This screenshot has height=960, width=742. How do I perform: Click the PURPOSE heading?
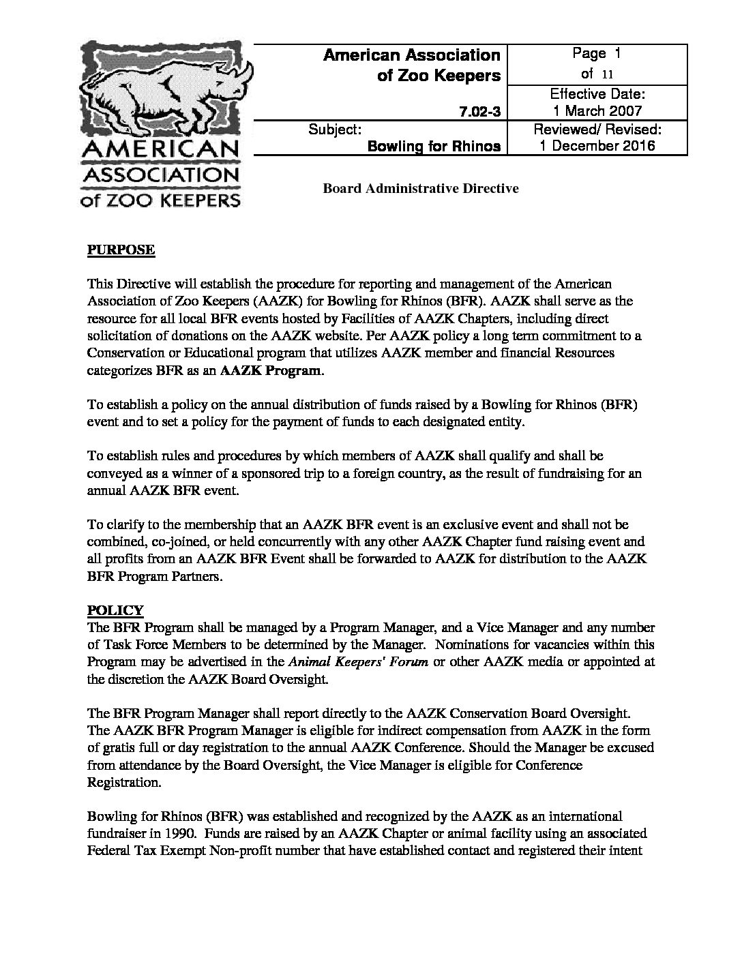point(121,250)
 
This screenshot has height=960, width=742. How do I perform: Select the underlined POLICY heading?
point(115,610)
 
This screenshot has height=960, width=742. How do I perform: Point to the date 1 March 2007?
point(597,111)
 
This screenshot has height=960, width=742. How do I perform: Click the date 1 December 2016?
point(597,146)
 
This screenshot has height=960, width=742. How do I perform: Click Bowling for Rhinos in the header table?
point(434,146)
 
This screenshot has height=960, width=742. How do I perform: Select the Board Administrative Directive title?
point(420,188)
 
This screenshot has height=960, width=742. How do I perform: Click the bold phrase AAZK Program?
point(280,370)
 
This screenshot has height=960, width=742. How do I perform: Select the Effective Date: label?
point(597,94)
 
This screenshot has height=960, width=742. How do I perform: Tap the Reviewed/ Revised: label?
point(597,129)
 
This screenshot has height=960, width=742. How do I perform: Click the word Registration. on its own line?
point(124,783)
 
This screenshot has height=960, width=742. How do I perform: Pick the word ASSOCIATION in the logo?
point(160,175)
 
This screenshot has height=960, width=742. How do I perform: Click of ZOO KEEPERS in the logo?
point(160,200)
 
